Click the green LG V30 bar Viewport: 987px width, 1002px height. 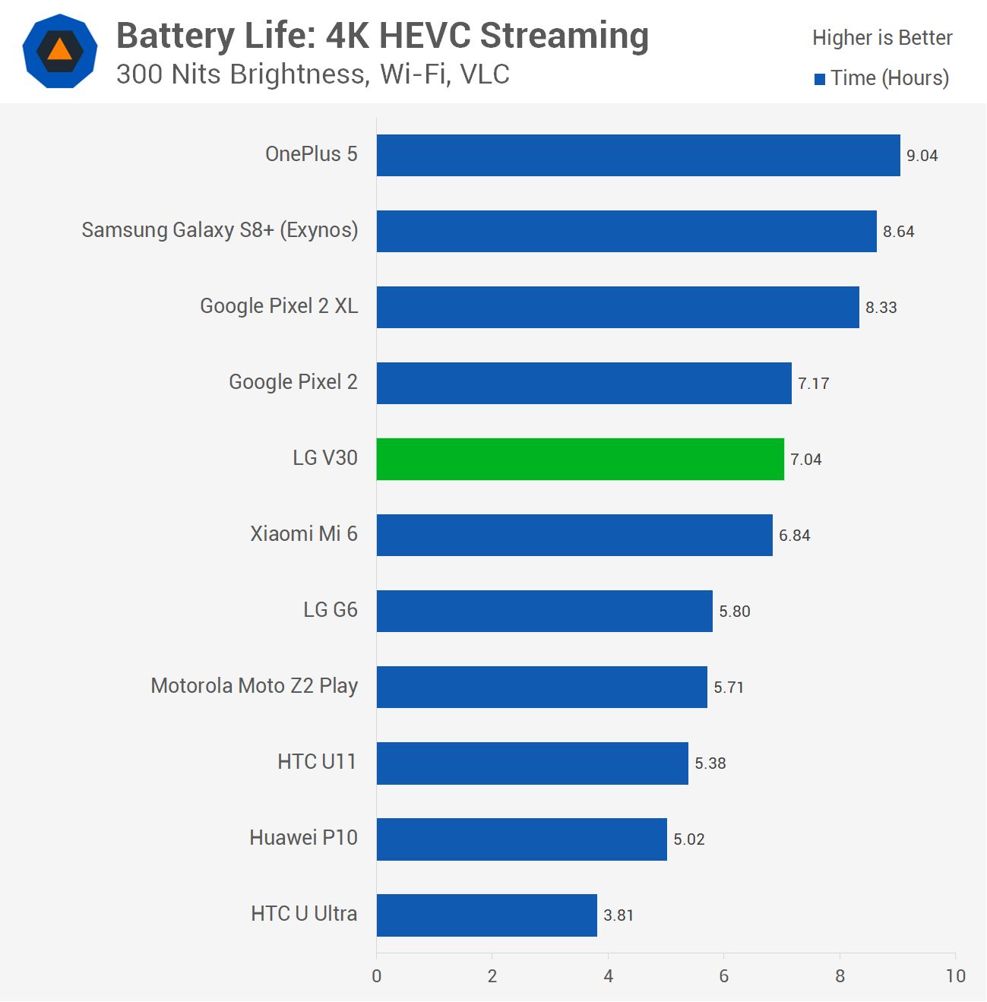[580, 459]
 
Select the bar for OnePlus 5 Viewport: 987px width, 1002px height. [638, 155]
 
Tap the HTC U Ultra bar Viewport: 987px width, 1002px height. [486, 915]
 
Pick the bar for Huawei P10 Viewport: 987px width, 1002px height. [521, 839]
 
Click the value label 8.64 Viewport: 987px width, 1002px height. [898, 232]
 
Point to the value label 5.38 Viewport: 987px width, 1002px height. [710, 763]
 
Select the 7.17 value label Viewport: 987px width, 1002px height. [813, 384]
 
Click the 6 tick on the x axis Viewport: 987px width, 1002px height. [723, 976]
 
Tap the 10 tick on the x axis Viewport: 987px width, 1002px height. [955, 976]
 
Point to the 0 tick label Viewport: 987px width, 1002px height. [377, 976]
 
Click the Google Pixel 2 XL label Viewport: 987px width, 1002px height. [279, 306]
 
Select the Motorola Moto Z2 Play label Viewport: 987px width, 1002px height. [254, 686]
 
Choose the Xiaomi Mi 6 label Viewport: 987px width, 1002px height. [304, 534]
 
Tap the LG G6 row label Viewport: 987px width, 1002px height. [330, 610]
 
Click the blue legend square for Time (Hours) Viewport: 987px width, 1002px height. [820, 79]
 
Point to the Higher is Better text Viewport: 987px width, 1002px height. [881, 38]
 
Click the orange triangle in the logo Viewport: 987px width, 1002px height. [60, 51]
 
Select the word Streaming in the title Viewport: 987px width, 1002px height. [564, 36]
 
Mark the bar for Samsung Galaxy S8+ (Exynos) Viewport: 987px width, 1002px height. [626, 231]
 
